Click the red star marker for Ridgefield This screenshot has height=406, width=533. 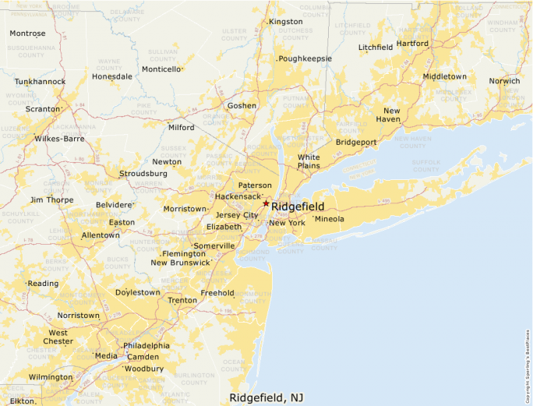click(266, 203)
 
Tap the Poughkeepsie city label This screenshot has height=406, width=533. click(305, 58)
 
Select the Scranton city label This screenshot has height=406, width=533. click(42, 109)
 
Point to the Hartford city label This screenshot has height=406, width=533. click(413, 44)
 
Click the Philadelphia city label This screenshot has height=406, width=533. click(146, 345)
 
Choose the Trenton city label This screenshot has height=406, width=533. click(182, 300)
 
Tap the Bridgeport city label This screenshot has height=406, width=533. click(356, 142)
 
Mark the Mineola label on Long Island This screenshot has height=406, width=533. click(329, 219)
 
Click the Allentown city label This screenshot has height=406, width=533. click(101, 235)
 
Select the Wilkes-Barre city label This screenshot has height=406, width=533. click(59, 139)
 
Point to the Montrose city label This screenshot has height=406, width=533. click(27, 34)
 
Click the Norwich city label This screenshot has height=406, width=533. click(504, 81)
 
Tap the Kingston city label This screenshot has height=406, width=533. click(285, 22)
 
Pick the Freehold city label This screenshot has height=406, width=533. click(217, 293)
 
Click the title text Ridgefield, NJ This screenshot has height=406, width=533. click(266, 397)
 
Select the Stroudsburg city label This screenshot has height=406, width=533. click(143, 173)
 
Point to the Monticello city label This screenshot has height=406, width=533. click(161, 69)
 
